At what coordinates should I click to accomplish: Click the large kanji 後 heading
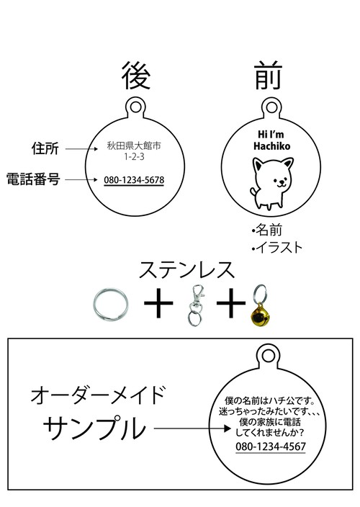[x=136, y=76]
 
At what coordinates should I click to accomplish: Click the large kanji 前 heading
[x=268, y=76]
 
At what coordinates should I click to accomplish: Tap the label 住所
[x=45, y=149]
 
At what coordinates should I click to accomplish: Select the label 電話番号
[x=33, y=179]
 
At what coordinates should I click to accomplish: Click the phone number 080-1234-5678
[x=134, y=180]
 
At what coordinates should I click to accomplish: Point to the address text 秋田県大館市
[x=134, y=145]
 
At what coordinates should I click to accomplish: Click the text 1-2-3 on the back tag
[x=134, y=157]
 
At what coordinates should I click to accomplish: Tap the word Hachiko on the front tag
[x=271, y=145]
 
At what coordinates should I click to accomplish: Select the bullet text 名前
[x=266, y=230]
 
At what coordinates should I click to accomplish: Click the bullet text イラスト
[x=276, y=248]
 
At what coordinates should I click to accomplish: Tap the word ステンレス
[x=186, y=270]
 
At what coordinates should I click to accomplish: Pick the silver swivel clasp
[x=196, y=305]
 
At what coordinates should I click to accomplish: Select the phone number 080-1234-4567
[x=271, y=447]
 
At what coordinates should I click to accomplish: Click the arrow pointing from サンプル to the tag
[x=192, y=429]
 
